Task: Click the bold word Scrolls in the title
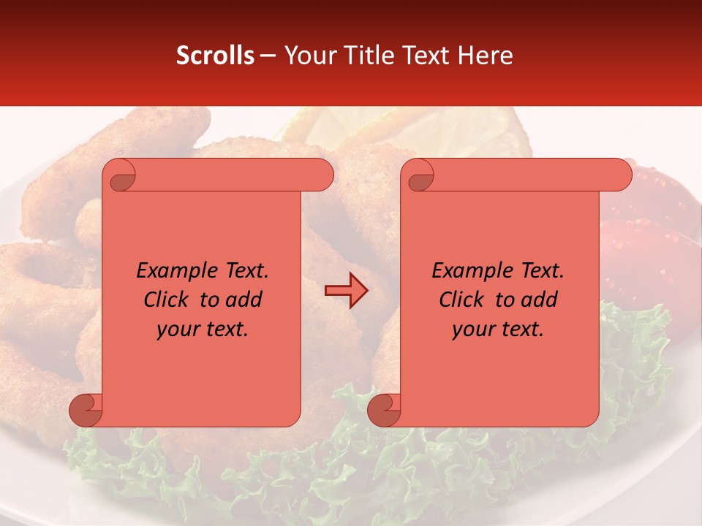[x=215, y=56]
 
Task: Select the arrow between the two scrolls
[x=346, y=291]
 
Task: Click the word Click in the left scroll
[x=167, y=300]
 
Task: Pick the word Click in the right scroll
[x=461, y=300]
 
